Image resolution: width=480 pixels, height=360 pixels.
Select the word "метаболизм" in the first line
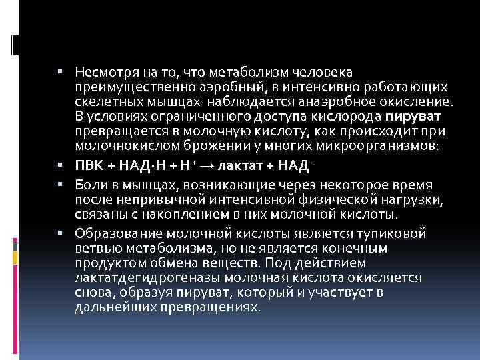click(x=255, y=71)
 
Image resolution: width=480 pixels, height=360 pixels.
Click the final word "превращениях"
click(x=215, y=307)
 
